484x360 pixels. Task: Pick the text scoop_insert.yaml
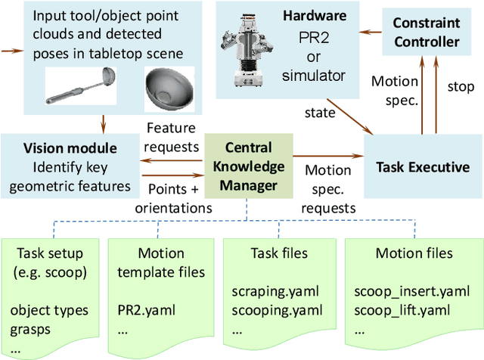tap(401, 290)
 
